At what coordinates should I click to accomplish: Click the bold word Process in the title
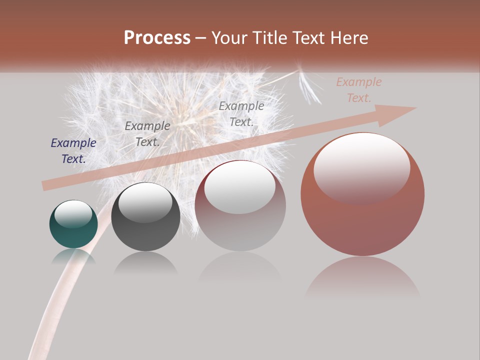157,38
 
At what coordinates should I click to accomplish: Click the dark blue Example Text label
73,151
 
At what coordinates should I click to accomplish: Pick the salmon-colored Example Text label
358,90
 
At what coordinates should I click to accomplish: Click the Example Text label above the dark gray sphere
147,134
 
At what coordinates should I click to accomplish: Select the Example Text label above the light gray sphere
241,113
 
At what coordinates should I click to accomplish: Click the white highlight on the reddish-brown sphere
361,167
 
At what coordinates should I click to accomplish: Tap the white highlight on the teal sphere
73,213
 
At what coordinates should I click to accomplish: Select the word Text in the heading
310,38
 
